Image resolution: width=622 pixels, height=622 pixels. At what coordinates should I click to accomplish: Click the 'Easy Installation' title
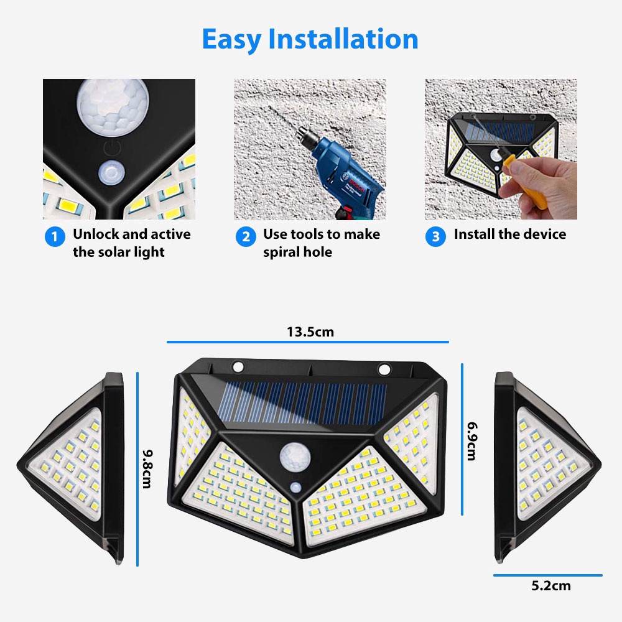[x=310, y=39]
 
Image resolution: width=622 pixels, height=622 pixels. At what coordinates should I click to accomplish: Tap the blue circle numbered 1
[x=55, y=237]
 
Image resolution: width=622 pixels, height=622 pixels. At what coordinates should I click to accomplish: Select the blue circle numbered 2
[x=246, y=237]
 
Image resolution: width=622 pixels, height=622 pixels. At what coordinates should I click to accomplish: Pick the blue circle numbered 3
[x=435, y=237]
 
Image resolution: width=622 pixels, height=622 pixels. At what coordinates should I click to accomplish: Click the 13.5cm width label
[x=310, y=332]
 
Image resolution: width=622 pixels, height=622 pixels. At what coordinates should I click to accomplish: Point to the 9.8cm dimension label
[x=147, y=469]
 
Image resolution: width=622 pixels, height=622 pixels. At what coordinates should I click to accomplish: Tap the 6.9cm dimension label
[x=472, y=441]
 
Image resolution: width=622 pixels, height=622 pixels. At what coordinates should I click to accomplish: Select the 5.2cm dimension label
[x=551, y=586]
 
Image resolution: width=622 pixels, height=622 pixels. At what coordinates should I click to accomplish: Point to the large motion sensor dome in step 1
[x=113, y=108]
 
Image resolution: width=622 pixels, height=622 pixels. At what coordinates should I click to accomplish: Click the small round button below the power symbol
[x=111, y=173]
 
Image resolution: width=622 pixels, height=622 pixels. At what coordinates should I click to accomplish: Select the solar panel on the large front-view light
[x=304, y=402]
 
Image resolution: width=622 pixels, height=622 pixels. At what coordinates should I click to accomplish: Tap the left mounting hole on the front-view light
[x=238, y=367]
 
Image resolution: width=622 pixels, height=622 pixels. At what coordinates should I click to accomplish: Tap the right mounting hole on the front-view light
[x=384, y=369]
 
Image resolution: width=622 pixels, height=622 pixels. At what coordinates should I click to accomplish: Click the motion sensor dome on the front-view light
[x=295, y=457]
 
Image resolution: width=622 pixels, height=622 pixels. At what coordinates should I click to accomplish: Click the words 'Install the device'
[x=510, y=234]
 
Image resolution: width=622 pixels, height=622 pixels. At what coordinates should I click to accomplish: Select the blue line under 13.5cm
[x=308, y=341]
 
